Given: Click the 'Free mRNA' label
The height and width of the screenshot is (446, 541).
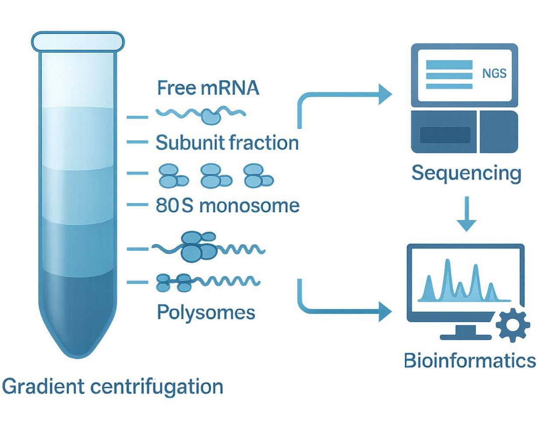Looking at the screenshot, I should click(208, 88).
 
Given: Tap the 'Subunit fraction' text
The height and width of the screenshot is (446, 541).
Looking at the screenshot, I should click(227, 143).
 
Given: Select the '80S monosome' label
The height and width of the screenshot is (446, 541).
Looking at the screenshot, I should click(227, 206).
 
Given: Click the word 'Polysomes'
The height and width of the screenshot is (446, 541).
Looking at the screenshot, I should click(206, 313).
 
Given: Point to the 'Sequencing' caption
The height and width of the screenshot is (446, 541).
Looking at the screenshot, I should click(466, 173).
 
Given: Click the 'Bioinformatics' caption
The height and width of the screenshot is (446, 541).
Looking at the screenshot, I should click(470, 361).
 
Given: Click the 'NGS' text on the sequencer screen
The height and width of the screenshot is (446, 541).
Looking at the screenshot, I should click(494, 74).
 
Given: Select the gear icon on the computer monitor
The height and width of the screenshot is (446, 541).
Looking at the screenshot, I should click(513, 325).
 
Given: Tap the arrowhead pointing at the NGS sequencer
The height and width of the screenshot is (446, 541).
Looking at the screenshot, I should click(385, 94).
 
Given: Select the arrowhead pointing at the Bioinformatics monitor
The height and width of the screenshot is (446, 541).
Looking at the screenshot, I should click(385, 312).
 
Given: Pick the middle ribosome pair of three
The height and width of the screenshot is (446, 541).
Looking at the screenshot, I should click(215, 176).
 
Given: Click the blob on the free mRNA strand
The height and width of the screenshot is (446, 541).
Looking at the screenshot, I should click(211, 116).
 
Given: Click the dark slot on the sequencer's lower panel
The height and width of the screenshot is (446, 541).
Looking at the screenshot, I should click(445, 135).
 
